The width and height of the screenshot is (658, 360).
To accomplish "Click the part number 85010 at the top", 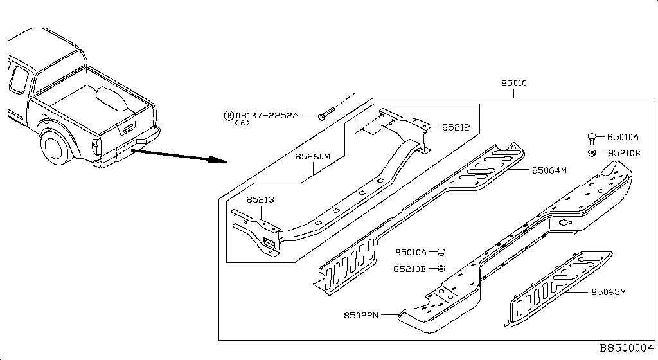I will (x=514, y=84).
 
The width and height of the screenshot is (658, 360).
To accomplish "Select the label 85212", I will (x=456, y=127).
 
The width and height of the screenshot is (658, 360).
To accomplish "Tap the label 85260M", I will (x=313, y=156).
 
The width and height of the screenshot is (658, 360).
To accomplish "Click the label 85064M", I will (x=549, y=170).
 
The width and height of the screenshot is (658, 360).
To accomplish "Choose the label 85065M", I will (x=608, y=292).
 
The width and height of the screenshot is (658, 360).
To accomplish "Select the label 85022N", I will (x=361, y=315).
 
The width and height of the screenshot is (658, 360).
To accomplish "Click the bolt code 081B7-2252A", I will (x=267, y=116).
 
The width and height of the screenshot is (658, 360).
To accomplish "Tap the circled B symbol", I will (x=228, y=116).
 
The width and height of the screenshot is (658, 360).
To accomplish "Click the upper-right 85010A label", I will (x=623, y=137).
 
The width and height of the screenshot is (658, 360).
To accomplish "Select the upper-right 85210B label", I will (x=623, y=153).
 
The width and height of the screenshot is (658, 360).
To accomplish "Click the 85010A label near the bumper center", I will (x=411, y=253).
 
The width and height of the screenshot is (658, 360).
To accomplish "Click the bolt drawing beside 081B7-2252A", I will (x=327, y=115).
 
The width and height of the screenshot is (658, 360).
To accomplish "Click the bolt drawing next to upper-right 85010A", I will (x=591, y=137).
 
